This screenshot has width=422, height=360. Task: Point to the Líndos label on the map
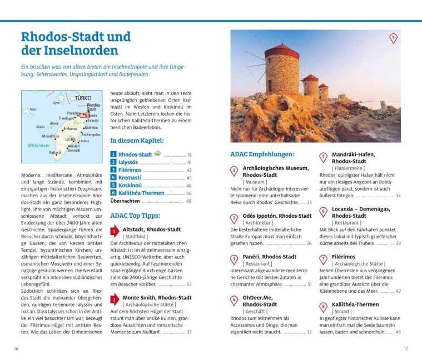click(83, 141)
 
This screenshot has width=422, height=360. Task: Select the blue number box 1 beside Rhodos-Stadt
click(113, 154)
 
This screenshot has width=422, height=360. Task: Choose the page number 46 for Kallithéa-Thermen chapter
click(189, 193)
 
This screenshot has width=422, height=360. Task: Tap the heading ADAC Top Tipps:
click(135, 216)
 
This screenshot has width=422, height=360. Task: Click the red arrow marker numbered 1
click(113, 231)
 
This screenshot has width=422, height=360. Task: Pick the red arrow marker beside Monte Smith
click(113, 300)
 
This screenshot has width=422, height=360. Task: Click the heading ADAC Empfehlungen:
click(262, 154)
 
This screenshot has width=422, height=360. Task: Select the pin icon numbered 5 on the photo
click(393, 38)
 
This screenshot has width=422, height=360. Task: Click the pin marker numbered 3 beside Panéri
click(234, 259)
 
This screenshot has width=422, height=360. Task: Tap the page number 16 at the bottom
click(17, 348)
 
